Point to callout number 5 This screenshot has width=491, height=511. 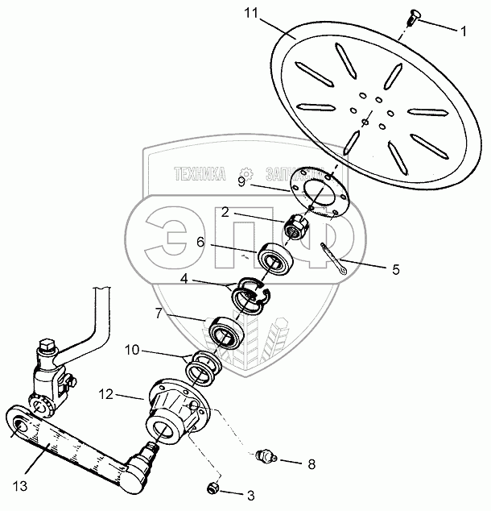(x=396, y=271)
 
